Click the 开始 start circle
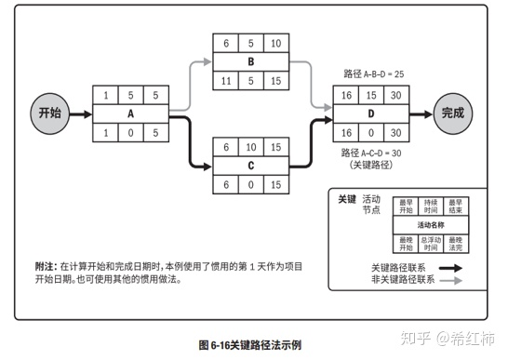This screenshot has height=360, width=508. tap(49, 113)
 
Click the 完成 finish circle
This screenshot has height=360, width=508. tap(452, 113)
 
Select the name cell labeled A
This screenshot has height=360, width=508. tap(129, 113)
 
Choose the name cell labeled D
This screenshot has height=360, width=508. tap(369, 113)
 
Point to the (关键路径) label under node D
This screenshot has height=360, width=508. tap(369, 165)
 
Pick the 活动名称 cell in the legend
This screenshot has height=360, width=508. tap(431, 225)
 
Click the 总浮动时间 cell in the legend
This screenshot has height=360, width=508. tap(431, 244)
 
